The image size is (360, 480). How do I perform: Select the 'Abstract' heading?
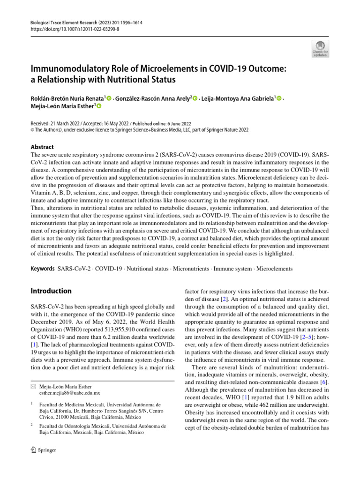pos(42,147)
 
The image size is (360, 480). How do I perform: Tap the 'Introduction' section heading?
pos(51,291)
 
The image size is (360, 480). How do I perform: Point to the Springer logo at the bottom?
pos(43,450)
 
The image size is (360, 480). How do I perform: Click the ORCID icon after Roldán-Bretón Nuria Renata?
pos(110,98)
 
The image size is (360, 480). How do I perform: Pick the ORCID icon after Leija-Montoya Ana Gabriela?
pos(279,98)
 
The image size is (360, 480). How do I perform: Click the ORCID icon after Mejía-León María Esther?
pos(99,107)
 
